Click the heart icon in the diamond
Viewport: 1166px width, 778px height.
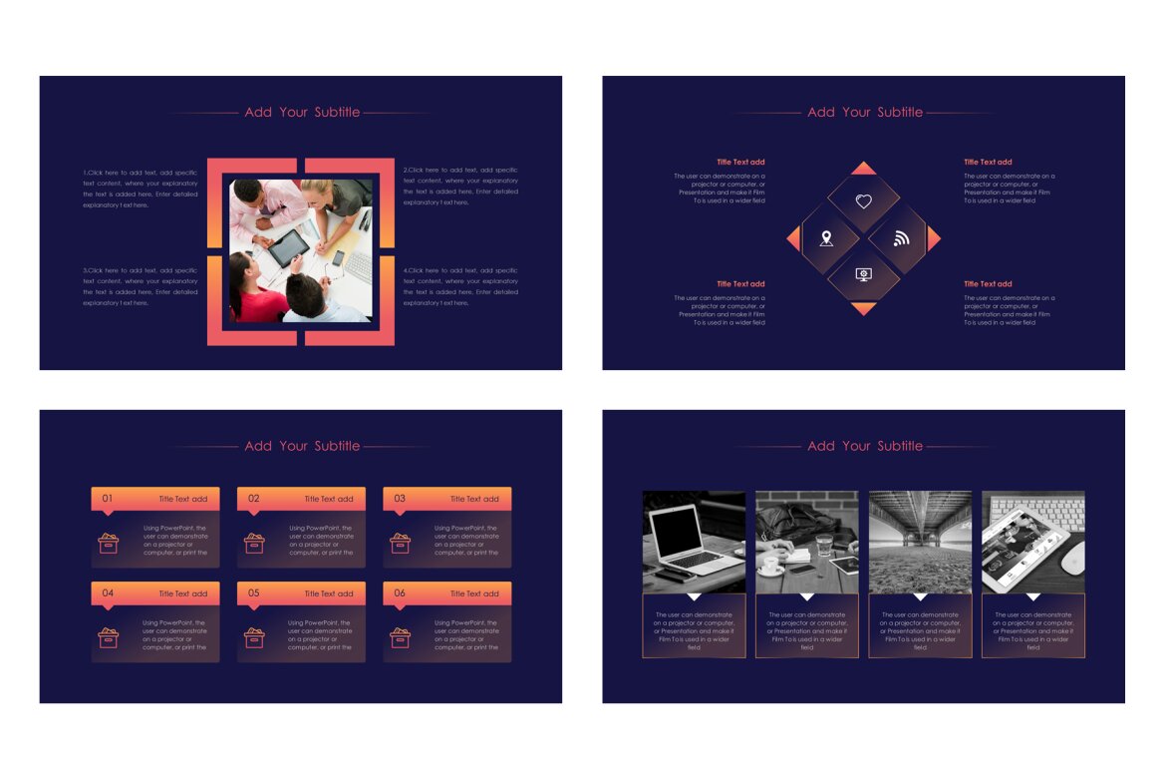click(x=864, y=201)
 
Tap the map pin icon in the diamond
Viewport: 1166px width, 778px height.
click(x=826, y=238)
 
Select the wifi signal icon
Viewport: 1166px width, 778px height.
click(x=902, y=238)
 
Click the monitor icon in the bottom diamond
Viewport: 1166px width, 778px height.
click(x=864, y=274)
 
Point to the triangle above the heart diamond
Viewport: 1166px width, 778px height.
click(x=864, y=169)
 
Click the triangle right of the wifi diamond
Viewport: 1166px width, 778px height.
click(x=933, y=238)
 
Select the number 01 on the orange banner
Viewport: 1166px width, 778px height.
click(x=108, y=498)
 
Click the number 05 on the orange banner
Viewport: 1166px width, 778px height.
click(x=253, y=592)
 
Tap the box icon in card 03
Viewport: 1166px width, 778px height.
click(x=400, y=543)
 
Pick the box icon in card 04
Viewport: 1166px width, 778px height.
click(x=108, y=637)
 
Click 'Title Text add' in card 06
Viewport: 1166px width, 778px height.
click(x=474, y=593)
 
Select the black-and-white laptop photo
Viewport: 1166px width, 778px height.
click(x=694, y=542)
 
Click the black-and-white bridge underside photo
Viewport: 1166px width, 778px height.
click(x=920, y=542)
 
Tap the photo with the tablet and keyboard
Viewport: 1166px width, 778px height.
click(x=1032, y=542)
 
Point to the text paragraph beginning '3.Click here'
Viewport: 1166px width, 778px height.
click(x=141, y=286)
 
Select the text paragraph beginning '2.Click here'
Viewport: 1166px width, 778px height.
click(x=460, y=186)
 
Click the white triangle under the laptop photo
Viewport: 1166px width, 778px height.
click(x=694, y=596)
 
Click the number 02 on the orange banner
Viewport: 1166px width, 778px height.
click(x=253, y=498)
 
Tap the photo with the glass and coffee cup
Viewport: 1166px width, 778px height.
click(x=806, y=542)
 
